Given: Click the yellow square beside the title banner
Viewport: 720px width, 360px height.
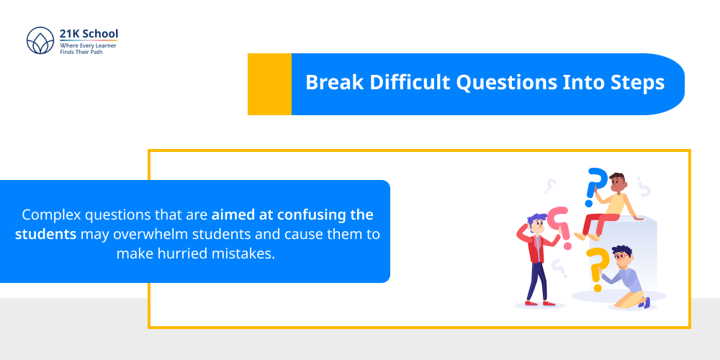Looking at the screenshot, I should pos(269,84).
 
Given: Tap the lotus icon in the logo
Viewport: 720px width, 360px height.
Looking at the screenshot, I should pos(40,42).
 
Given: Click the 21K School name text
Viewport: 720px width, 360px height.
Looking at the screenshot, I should pos(89,34).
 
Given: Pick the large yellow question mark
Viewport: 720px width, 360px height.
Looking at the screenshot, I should pos(597,266).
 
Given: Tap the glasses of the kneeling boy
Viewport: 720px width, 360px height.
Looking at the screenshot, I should pos(621,256).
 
